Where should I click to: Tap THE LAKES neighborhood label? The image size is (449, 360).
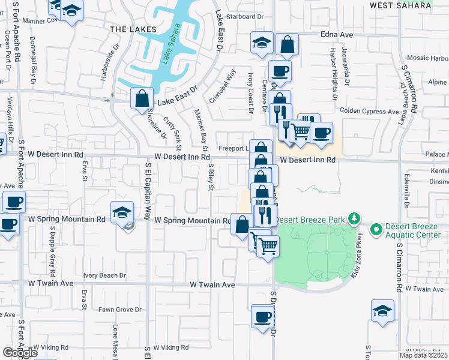[133, 29]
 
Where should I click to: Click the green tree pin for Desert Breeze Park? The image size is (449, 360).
[355, 218]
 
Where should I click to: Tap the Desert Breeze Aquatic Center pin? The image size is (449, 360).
[377, 229]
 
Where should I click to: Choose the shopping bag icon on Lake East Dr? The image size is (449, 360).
[142, 98]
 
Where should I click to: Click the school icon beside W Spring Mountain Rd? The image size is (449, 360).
[122, 212]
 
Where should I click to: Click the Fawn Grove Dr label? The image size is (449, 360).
[120, 310]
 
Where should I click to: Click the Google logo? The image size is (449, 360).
[19, 353]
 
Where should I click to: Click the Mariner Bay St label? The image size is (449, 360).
[200, 131]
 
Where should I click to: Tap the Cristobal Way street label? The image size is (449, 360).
[223, 87]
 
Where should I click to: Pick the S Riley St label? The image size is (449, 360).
[211, 178]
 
